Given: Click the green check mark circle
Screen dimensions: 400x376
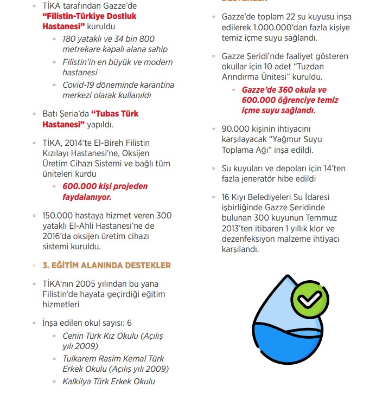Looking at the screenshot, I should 310,299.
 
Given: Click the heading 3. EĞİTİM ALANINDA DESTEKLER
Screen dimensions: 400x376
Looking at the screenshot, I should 106,265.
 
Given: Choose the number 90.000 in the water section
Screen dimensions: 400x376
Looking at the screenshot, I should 235,130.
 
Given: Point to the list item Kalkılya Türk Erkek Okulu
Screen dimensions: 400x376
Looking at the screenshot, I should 109,381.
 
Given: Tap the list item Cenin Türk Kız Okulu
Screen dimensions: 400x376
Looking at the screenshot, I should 112,336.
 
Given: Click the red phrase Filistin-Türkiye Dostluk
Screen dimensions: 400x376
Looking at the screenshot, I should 90,16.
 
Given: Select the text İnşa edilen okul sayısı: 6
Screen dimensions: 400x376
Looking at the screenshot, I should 86,323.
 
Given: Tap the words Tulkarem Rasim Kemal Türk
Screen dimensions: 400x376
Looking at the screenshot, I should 113,359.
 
